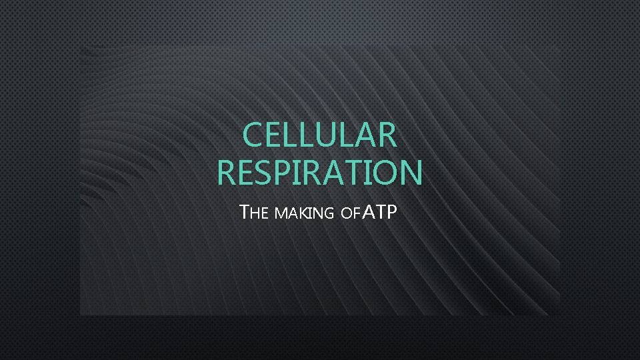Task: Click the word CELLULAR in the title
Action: click(x=320, y=135)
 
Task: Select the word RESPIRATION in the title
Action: click(x=320, y=173)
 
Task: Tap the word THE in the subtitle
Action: click(x=254, y=213)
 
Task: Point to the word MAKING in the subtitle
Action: click(x=303, y=214)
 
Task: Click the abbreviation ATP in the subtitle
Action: click(x=379, y=213)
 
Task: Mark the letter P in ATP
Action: click(x=391, y=213)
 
